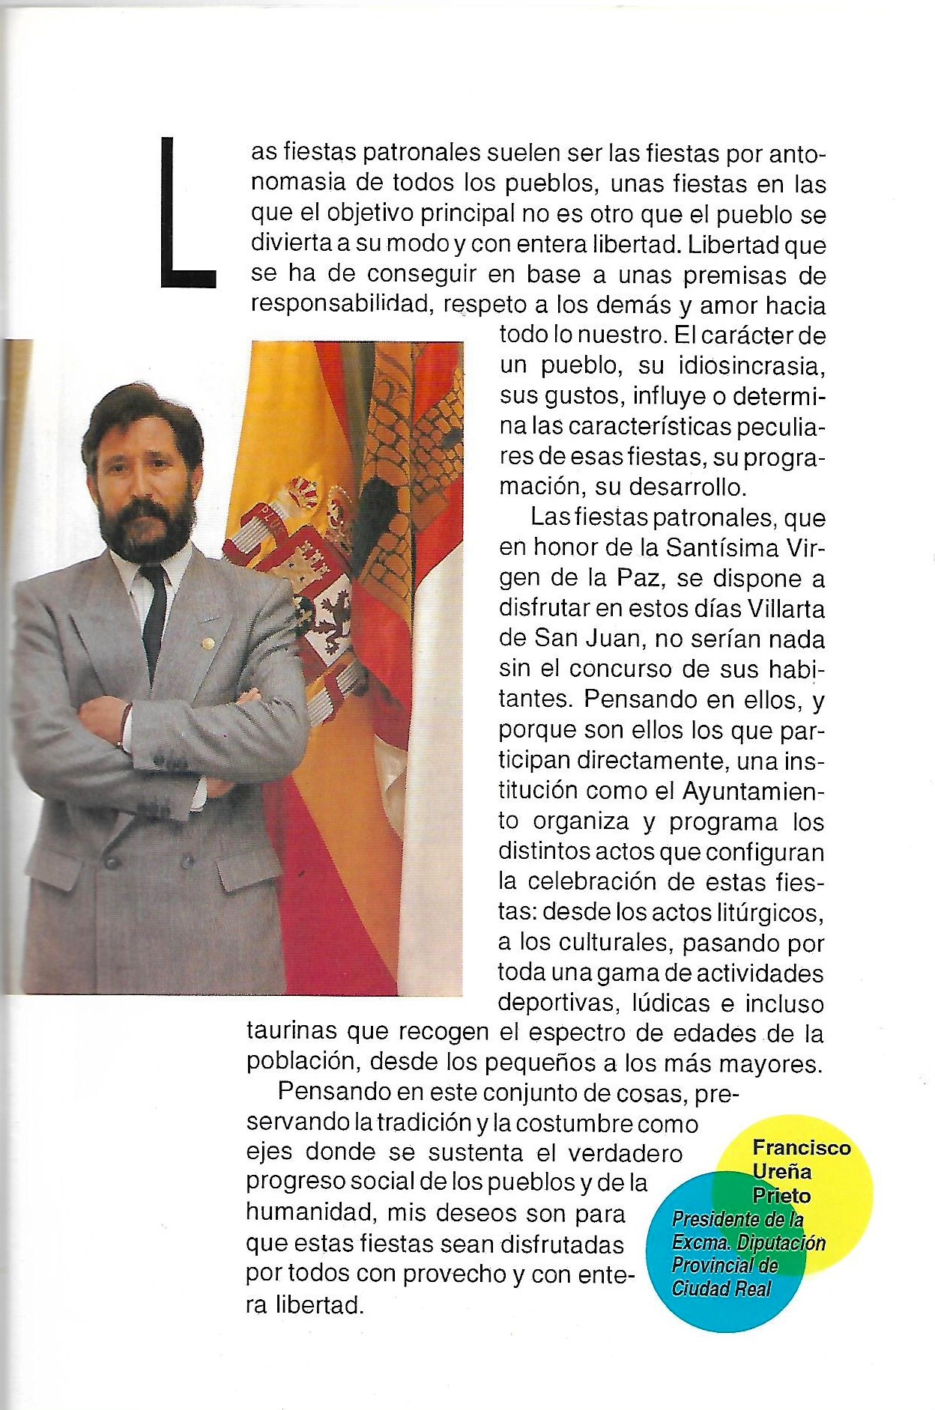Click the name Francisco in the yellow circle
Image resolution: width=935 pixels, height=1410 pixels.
point(801,1147)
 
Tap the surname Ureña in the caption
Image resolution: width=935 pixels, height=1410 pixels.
point(781,1172)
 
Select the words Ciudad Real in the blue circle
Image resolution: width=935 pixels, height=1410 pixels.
point(721,1289)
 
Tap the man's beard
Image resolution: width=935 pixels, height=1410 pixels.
point(146,524)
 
